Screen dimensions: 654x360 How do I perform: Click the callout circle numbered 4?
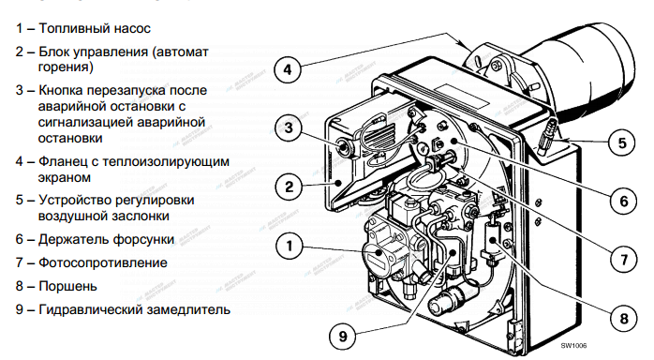(288, 69)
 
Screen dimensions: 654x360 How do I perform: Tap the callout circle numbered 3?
(289, 127)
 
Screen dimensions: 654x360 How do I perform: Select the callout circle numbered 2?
(289, 187)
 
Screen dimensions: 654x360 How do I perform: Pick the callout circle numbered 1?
(290, 246)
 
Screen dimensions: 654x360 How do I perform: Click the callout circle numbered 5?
(622, 143)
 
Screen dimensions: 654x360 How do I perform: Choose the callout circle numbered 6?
(624, 202)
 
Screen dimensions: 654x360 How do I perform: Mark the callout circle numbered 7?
(624, 261)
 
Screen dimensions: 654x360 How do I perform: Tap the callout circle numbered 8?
(624, 319)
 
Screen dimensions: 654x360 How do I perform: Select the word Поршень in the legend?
(67, 286)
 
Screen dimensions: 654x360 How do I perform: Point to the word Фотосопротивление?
(103, 262)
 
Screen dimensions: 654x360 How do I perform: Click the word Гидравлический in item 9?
(87, 309)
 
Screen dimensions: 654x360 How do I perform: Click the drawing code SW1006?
(573, 345)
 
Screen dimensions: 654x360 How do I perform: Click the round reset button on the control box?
(345, 146)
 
